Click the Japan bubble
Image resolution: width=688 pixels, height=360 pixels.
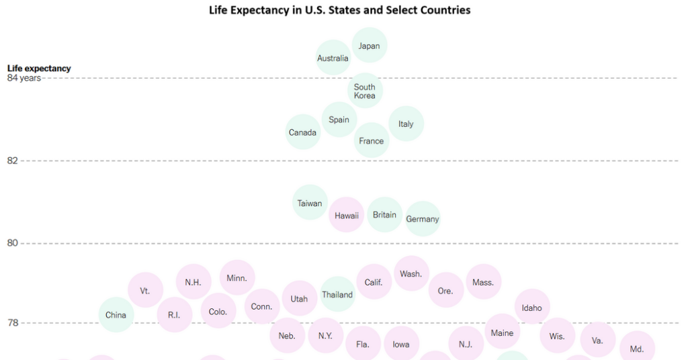[370, 46]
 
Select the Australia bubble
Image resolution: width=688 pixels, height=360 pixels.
[333, 58]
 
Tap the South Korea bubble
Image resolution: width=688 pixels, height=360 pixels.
[365, 91]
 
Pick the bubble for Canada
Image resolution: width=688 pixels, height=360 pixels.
[303, 132]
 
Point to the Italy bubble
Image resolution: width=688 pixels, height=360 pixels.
[406, 124]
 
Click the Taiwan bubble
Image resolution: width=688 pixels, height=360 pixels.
[310, 203]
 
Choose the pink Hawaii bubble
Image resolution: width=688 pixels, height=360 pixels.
[347, 216]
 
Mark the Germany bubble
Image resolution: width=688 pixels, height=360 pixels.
[423, 219]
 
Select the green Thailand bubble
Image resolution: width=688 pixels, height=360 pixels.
[337, 294]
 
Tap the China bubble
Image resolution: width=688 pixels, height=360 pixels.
[116, 315]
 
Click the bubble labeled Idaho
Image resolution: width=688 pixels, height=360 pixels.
[532, 308]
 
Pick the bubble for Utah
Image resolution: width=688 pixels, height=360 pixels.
[299, 298]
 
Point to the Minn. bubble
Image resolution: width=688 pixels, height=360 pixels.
[237, 278]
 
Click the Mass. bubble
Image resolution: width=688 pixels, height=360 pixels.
[483, 282]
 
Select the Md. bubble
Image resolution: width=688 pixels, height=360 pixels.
[636, 349]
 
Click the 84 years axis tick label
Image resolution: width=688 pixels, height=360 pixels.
[24, 78]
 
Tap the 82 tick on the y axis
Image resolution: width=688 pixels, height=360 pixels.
[13, 161]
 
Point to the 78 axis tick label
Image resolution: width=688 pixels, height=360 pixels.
[13, 323]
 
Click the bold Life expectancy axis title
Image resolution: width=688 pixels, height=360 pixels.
[39, 68]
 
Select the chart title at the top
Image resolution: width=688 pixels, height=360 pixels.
[340, 10]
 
